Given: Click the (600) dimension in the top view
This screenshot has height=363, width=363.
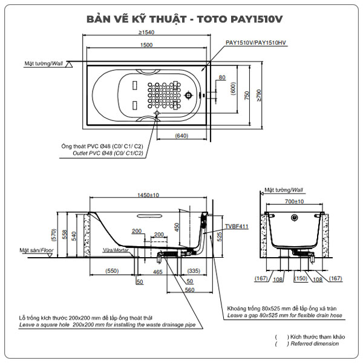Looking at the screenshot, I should coord(233,89).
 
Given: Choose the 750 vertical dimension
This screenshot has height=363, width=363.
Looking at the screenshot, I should coord(247,96).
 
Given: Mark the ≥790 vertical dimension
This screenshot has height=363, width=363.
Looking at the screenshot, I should coord(259,96).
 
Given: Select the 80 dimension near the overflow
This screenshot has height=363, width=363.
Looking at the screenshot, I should coord(222,77).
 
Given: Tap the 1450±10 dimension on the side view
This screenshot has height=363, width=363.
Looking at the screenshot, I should coord(148,195).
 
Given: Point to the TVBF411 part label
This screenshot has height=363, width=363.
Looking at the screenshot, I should coord(236,226).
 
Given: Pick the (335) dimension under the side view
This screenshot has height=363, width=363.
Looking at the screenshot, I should coord(194,271).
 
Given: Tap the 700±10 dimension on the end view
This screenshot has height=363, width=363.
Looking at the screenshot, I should coord(294,201).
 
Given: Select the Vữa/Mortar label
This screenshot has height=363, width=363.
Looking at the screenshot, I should coord(116,250).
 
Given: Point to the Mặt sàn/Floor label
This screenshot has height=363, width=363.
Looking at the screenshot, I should coord(37,249).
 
